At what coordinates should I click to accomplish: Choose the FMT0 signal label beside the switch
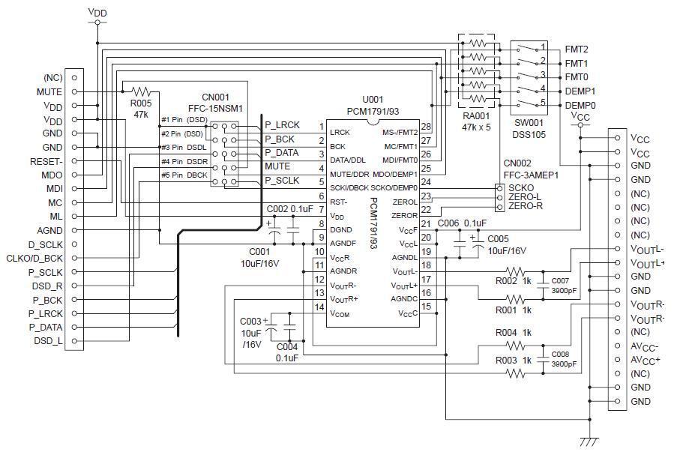point(577,77)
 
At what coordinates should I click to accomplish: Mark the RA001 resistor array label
point(476,116)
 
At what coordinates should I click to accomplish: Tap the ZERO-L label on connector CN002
point(526,196)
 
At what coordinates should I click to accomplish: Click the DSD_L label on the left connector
point(48,341)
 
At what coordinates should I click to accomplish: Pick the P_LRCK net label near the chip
point(282,126)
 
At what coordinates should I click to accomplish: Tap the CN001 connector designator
point(216,97)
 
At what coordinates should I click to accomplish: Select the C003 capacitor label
point(251,321)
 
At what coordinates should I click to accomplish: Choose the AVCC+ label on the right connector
point(646,360)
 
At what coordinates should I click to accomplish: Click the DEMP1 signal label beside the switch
point(580,91)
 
